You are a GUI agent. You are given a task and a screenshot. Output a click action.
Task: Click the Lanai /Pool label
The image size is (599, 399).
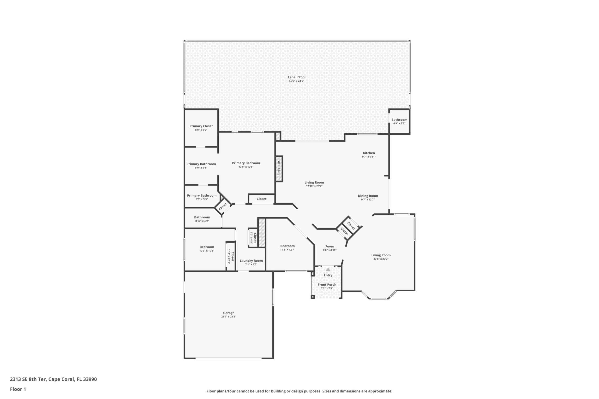point(296,77)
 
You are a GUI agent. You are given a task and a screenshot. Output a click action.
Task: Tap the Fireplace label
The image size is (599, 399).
point(279,168)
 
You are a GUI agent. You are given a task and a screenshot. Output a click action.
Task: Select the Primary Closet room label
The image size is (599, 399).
point(201,126)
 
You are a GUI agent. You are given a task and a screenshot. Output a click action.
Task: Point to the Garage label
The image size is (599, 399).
point(228,313)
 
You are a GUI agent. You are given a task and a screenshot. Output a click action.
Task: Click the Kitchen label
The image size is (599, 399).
point(369,153)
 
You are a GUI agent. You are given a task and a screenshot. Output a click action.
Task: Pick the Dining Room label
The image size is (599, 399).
point(368,196)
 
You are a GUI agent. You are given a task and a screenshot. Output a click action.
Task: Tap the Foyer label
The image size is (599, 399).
point(329,246)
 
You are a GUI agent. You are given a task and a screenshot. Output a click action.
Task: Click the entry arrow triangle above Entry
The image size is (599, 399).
point(328,270)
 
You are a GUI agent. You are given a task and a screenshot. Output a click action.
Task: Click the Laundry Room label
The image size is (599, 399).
point(251,261)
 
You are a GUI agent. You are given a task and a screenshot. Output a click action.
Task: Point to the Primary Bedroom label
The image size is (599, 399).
point(246,163)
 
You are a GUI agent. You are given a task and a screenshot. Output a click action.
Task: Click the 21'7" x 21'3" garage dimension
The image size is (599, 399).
point(228,317)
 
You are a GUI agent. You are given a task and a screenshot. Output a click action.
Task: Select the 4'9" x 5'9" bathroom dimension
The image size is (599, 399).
point(399,124)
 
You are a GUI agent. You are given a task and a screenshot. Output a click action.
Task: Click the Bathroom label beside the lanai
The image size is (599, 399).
point(399,120)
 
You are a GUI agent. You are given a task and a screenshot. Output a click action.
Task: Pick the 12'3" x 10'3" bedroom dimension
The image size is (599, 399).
point(207,251)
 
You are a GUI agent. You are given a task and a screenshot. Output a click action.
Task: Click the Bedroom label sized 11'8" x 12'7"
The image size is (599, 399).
point(287,246)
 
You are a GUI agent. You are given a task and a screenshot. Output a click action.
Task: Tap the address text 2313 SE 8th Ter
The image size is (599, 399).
point(28,379)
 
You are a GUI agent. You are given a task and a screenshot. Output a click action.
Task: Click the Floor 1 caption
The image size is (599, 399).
point(18,389)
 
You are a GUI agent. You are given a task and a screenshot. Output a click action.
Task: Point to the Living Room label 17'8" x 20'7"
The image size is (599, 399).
point(381,255)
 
